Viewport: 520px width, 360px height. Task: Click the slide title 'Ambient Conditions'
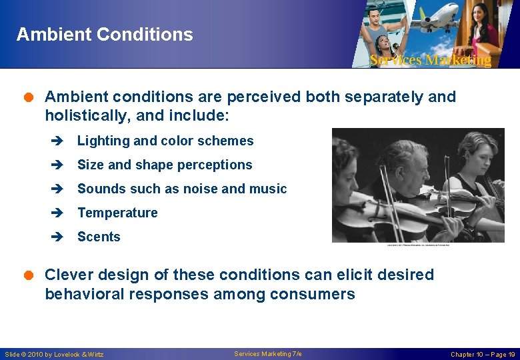[x=105, y=34]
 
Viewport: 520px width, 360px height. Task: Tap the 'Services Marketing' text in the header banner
[x=430, y=60]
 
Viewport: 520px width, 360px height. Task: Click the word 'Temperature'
[x=117, y=213]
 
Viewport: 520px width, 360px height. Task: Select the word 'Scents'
[x=99, y=237]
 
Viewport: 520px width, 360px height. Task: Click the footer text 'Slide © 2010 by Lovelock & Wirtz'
[x=54, y=354]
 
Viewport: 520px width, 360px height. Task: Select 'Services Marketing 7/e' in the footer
[x=268, y=353]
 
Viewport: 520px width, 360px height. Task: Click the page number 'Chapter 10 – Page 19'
[x=482, y=354]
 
